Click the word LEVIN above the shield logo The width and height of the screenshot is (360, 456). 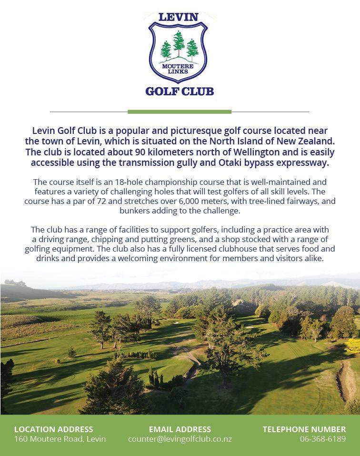pos(178,17)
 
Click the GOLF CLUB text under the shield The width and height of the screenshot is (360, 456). pos(180,91)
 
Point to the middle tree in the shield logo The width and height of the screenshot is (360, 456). pos(179,43)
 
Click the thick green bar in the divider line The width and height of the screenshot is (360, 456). pos(180,112)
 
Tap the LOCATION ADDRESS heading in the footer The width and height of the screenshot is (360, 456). pos(54,429)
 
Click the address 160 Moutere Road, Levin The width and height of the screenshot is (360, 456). pos(60,439)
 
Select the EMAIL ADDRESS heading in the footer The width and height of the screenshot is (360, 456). pos(180,429)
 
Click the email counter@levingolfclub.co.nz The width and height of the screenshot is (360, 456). pos(180,439)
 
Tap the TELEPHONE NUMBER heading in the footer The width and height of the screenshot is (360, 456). pos(304,429)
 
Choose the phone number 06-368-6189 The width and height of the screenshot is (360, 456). pos(322,439)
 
